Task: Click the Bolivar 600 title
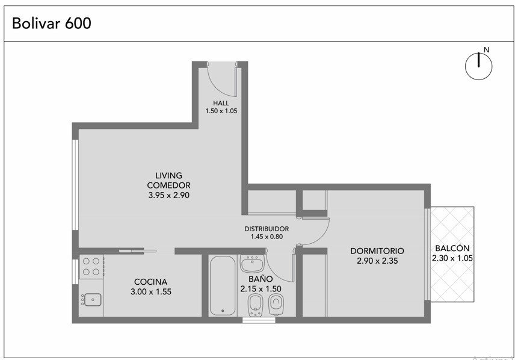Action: click(52, 23)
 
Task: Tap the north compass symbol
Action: click(478, 65)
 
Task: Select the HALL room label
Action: click(221, 103)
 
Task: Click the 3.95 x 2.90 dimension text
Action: click(169, 195)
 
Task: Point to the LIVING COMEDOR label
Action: click(169, 180)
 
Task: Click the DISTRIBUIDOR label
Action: click(267, 229)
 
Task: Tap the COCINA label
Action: click(151, 282)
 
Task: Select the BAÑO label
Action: click(261, 279)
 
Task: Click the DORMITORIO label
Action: click(377, 251)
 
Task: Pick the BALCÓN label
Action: click(452, 248)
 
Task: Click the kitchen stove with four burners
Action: click(91, 267)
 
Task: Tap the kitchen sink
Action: click(91, 300)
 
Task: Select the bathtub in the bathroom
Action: click(223, 285)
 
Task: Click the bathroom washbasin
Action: click(252, 264)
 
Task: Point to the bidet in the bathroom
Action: click(255, 305)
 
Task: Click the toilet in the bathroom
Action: click(276, 305)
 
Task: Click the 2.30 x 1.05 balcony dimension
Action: click(452, 258)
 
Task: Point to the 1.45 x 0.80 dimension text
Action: click(267, 237)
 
